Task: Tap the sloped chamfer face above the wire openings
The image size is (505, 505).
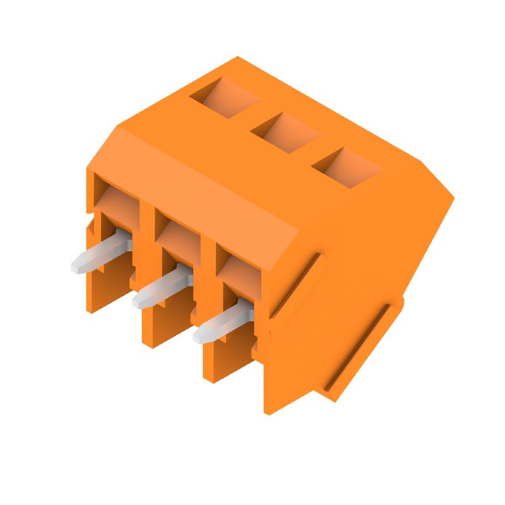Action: tap(202, 183)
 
